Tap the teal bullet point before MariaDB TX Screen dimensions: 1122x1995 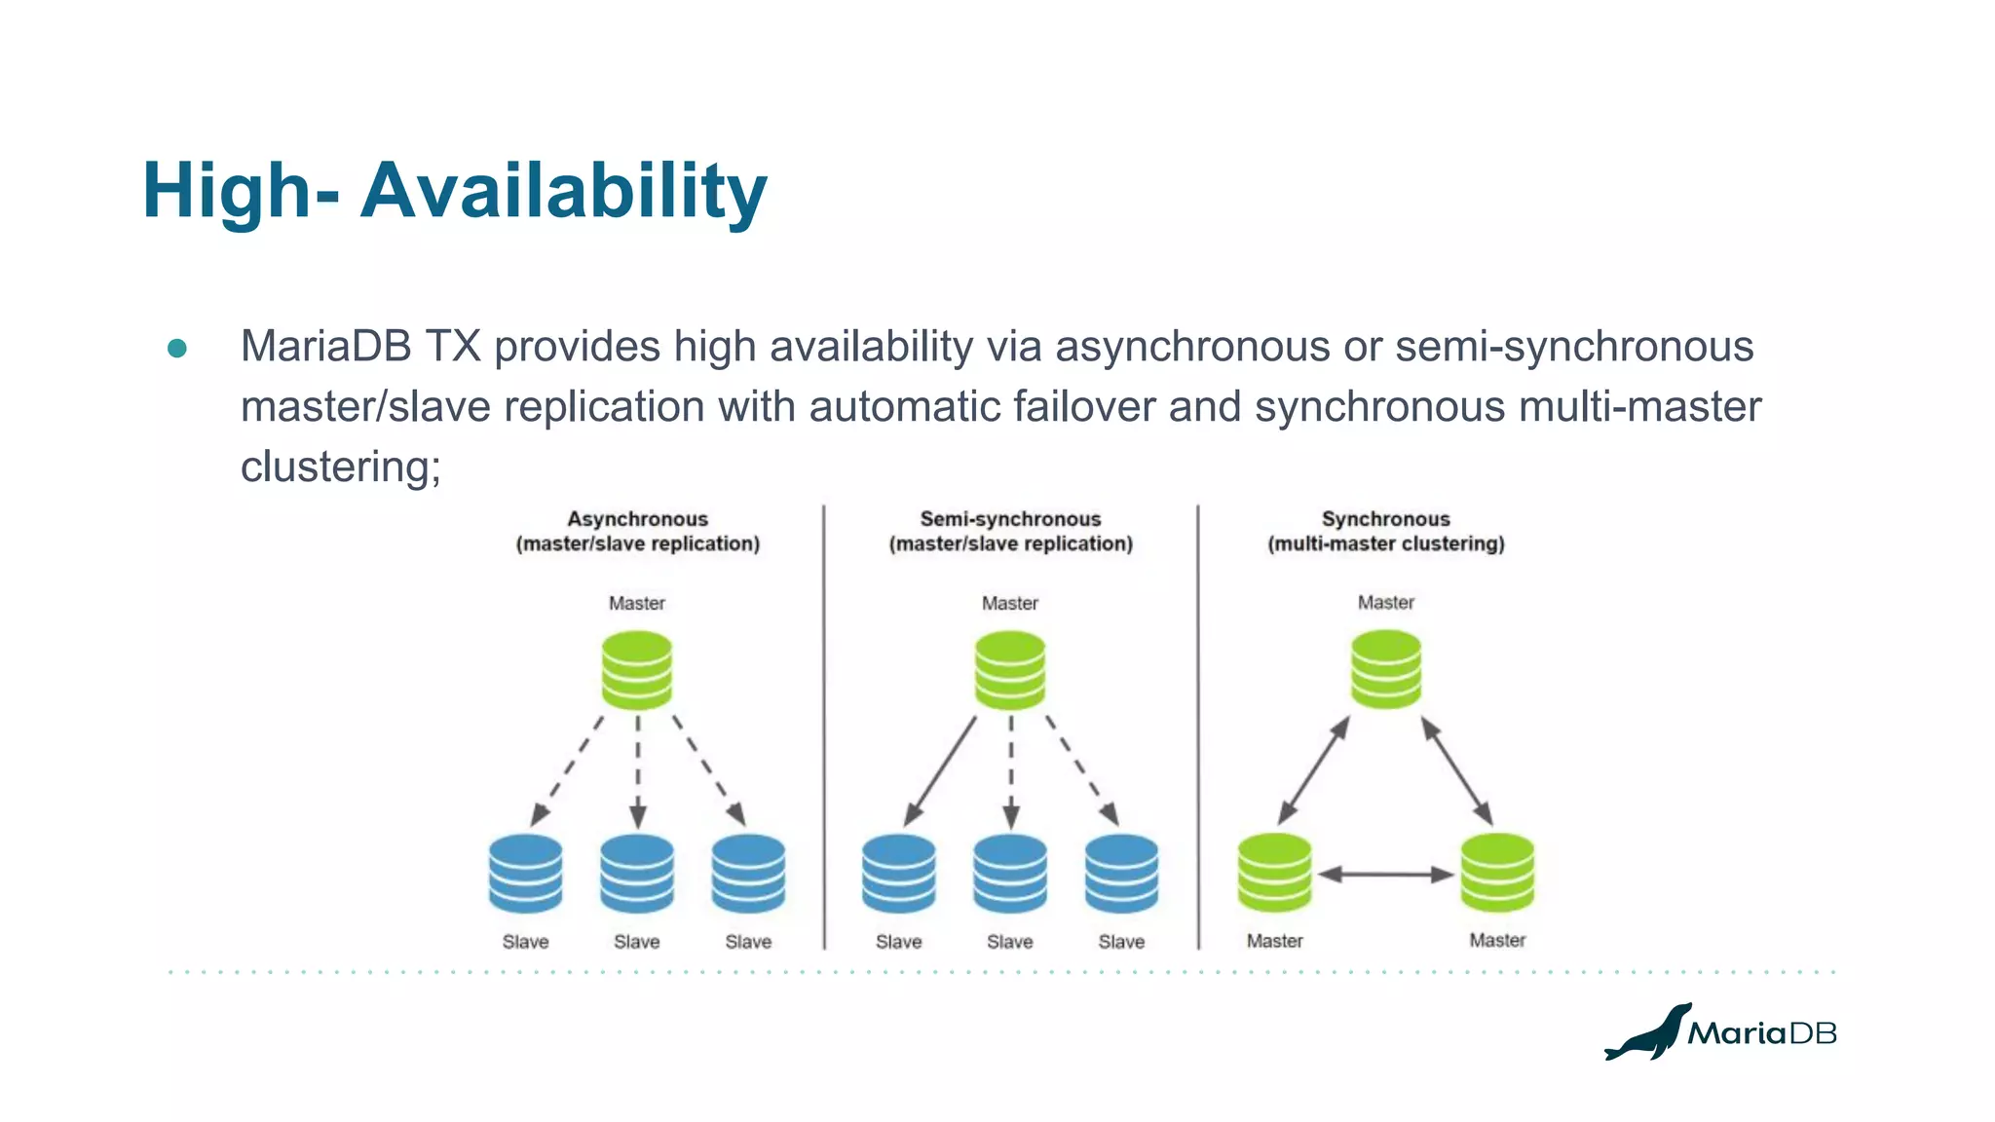[177, 349]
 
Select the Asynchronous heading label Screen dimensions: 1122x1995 [637, 519]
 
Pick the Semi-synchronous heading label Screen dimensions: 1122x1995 [1010, 519]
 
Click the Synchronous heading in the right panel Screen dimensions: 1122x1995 [1385, 519]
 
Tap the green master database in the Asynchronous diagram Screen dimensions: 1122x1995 [637, 670]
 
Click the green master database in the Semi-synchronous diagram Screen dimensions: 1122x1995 [1010, 670]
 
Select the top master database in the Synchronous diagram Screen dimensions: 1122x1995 [1385, 669]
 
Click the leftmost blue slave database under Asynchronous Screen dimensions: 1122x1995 [526, 874]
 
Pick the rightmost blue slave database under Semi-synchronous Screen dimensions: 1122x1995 [1121, 874]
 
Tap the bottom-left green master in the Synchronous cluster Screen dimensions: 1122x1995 [1274, 873]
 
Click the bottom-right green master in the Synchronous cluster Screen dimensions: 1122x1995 [1497, 873]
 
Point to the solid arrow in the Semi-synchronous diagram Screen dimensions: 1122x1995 [941, 770]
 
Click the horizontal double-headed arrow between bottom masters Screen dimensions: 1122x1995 [1385, 875]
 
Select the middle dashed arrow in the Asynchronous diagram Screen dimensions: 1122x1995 [638, 771]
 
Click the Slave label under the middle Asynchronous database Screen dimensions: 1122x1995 [637, 942]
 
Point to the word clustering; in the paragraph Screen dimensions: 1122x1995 [340, 467]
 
